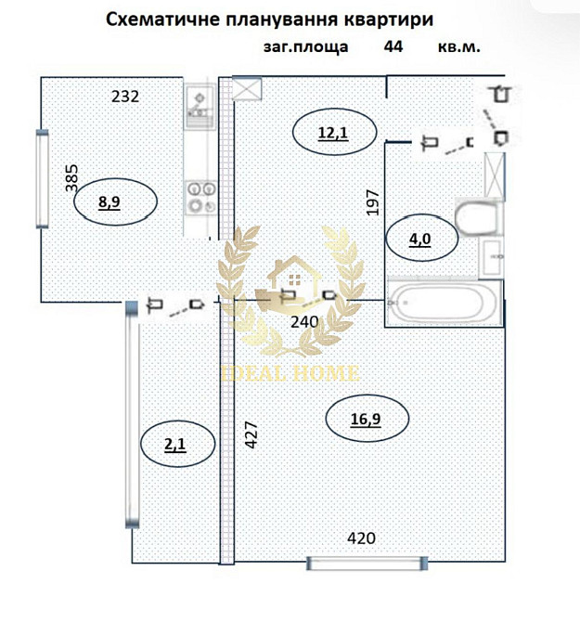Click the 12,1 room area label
(332, 133)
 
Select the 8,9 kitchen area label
(110, 201)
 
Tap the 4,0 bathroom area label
(419, 238)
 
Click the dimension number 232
(125, 96)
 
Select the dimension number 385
(72, 177)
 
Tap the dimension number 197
(373, 201)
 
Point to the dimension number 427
(251, 436)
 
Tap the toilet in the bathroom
(477, 219)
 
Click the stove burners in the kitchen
(199, 197)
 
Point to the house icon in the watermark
(288, 277)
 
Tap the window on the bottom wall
(367, 564)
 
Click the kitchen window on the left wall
(41, 178)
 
